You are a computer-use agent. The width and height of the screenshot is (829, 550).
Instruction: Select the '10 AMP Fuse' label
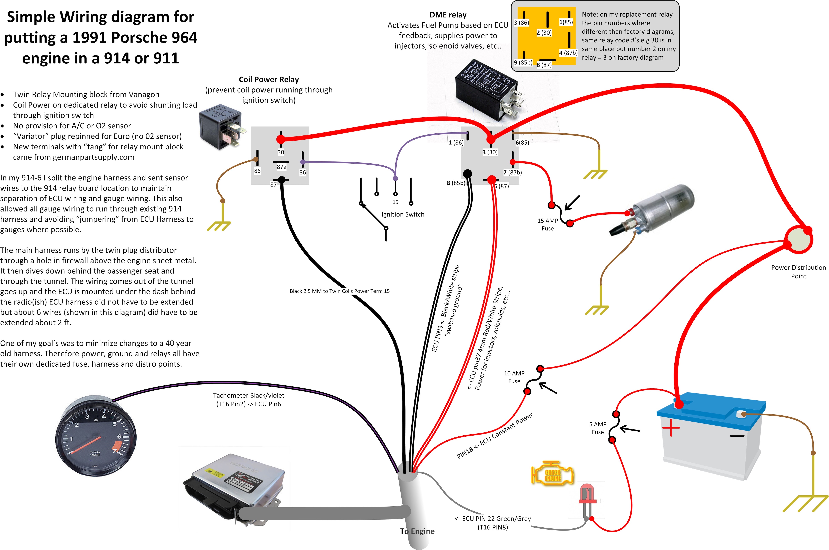(x=514, y=377)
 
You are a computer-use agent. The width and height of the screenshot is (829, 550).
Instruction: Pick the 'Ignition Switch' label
(x=403, y=214)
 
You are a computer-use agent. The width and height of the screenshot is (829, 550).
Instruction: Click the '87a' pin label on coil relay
(x=281, y=167)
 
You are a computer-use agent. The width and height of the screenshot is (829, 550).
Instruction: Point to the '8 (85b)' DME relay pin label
(x=456, y=183)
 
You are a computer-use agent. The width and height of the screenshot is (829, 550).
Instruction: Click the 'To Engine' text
(x=417, y=531)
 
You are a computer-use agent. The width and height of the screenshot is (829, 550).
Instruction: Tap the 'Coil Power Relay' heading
(x=269, y=80)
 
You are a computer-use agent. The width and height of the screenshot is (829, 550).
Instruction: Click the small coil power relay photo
(x=222, y=126)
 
